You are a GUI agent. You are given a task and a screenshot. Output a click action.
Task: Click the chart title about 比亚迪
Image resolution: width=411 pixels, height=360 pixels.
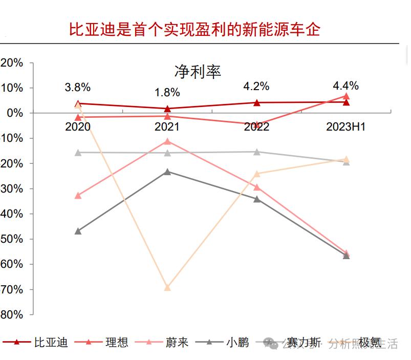coord(194,30)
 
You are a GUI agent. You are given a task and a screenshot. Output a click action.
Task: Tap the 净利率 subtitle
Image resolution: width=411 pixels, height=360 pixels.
coord(198,72)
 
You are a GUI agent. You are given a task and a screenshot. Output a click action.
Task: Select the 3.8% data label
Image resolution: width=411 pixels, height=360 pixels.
coord(77,87)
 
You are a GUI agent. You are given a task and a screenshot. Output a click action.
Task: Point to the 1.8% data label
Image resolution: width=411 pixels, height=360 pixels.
coord(167,93)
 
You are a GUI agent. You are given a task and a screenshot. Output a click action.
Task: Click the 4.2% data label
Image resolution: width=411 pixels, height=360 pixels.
coord(256,86)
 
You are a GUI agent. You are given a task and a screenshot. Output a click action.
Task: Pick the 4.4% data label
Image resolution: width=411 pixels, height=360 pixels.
coord(345,86)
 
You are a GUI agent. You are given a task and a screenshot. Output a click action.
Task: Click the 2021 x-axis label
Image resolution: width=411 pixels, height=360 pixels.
coord(167,127)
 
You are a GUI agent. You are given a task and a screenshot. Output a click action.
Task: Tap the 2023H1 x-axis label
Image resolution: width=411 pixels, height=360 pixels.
coord(346,127)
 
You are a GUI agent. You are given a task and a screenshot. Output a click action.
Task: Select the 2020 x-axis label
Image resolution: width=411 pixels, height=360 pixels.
coord(78,127)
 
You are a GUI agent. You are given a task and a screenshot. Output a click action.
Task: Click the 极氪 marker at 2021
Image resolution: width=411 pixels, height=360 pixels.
coord(167,287)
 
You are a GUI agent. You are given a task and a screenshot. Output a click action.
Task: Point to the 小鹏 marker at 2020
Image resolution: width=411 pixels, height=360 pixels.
coord(78,231)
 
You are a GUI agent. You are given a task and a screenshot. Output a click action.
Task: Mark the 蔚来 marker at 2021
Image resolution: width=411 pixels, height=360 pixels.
coord(167,141)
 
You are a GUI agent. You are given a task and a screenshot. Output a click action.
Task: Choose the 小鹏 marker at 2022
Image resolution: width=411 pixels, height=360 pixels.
coord(257,199)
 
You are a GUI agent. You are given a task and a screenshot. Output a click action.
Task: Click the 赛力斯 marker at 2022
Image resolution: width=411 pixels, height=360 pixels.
coord(257,152)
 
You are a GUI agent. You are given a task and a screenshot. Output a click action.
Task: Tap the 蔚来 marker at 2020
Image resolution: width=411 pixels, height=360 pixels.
coord(78,195)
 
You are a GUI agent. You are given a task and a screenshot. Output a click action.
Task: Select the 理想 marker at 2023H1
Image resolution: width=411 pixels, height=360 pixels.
coord(347,96)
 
